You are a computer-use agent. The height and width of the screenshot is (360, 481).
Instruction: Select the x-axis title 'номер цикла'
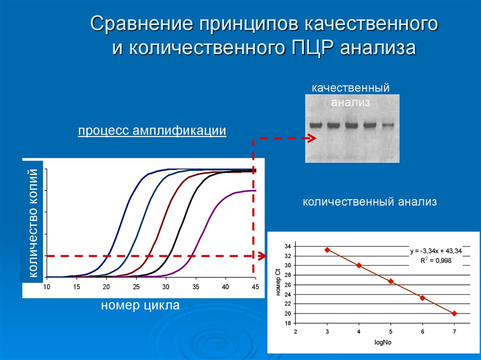(140, 306)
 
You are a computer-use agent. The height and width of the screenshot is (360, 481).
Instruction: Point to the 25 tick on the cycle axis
(136, 287)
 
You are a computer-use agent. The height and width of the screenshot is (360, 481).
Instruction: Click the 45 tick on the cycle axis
(255, 287)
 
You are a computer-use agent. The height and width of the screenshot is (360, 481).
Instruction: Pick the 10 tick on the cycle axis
(47, 287)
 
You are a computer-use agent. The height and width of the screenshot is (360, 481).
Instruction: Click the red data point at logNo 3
(327, 250)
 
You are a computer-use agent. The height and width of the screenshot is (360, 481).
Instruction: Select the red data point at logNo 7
(454, 313)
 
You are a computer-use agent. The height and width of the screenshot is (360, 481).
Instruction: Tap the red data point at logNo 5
(391, 281)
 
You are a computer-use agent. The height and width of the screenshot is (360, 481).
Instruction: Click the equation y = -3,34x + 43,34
(435, 251)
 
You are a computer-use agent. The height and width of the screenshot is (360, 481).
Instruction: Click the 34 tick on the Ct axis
(287, 246)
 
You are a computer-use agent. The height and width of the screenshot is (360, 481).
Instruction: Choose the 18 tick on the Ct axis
(287, 323)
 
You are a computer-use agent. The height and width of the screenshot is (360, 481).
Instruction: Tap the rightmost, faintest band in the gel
(388, 125)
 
